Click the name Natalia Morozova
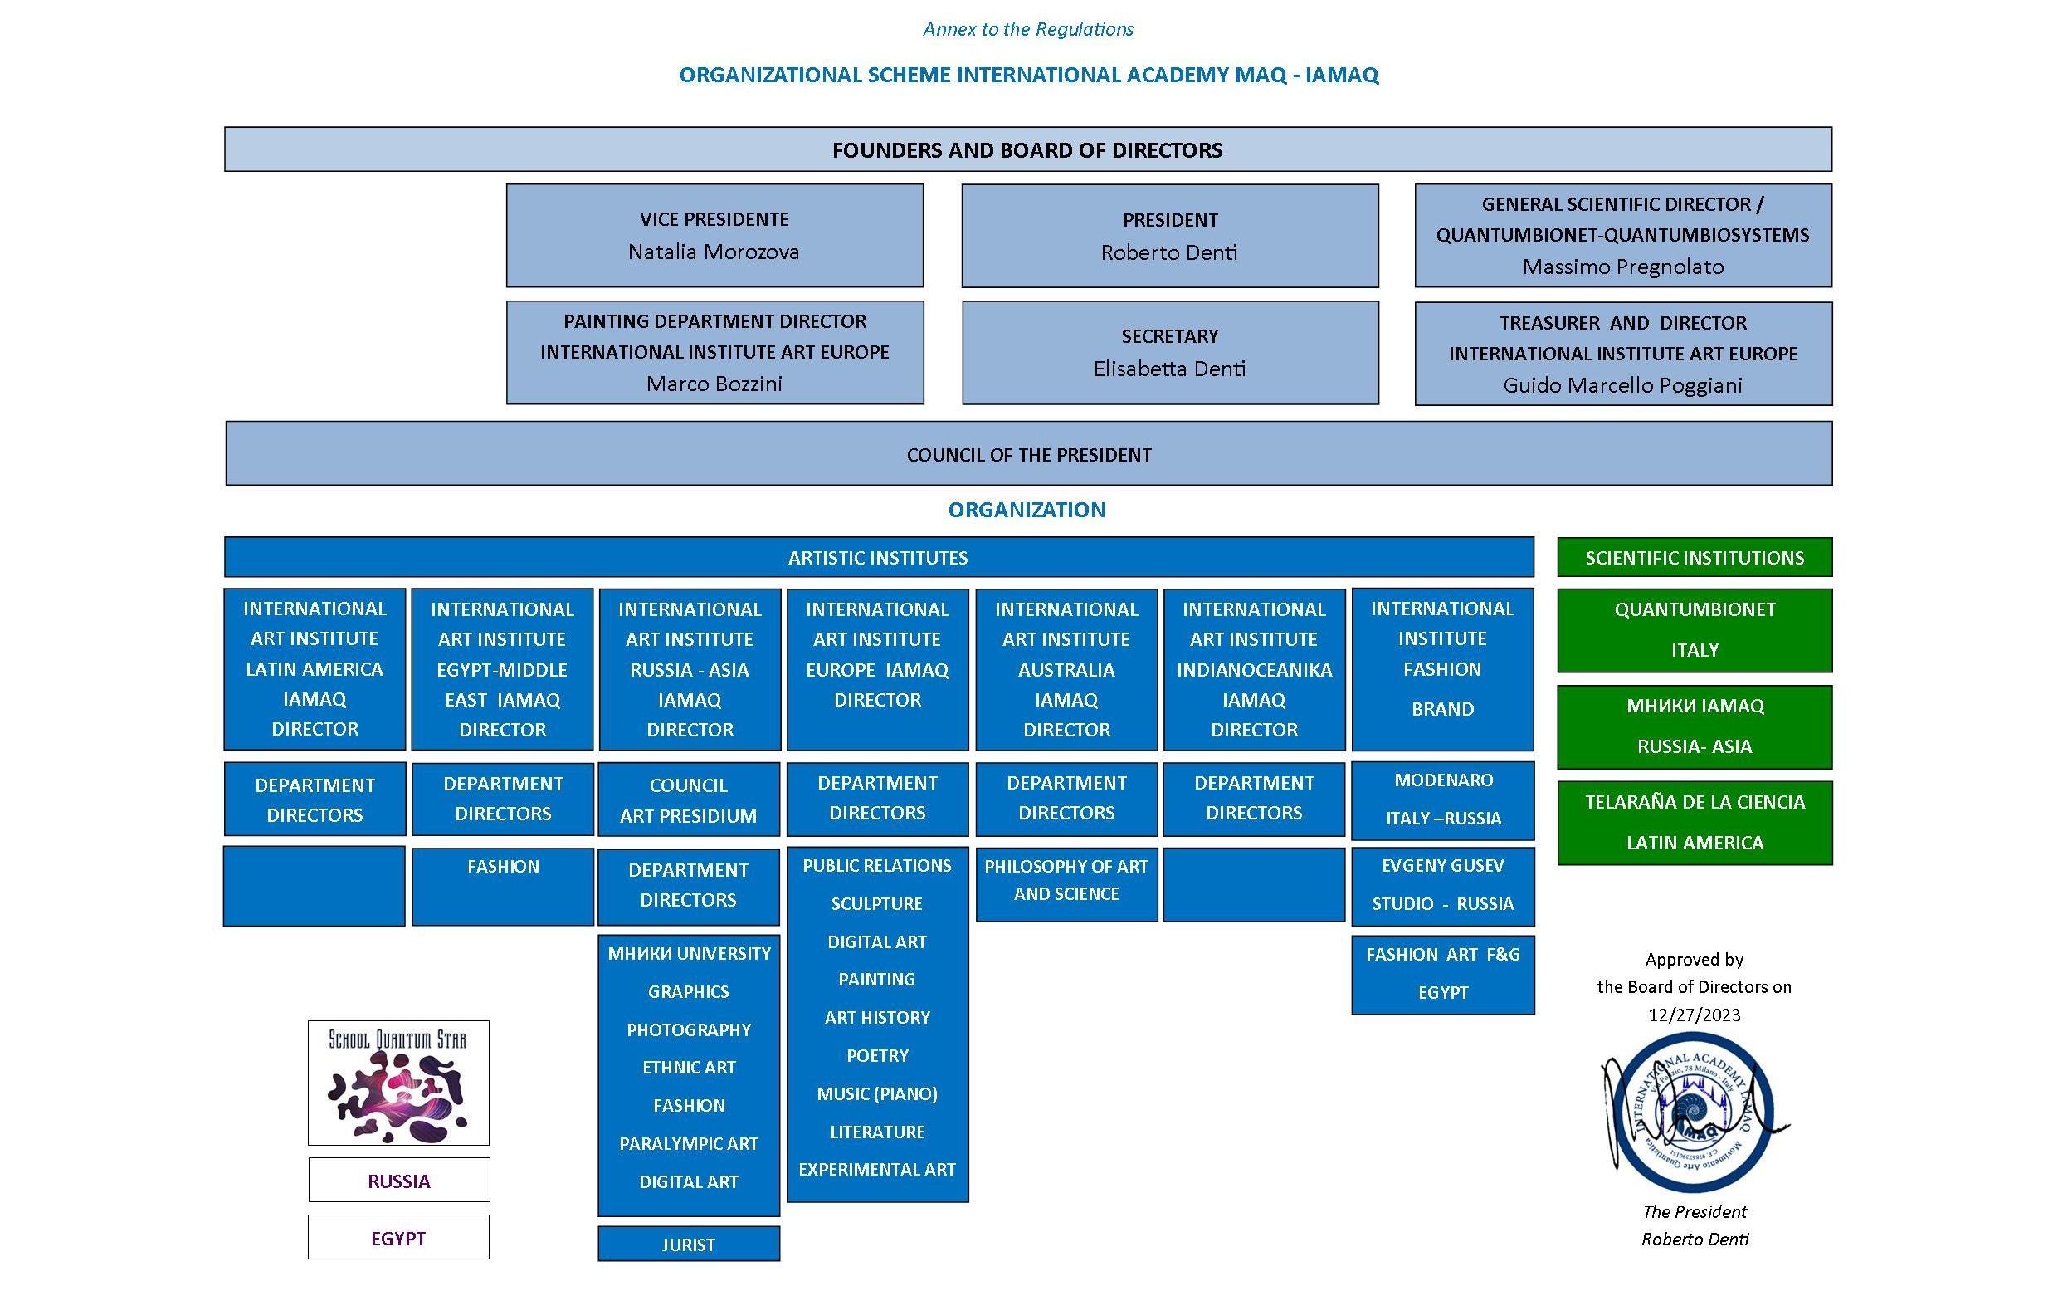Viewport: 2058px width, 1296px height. point(714,252)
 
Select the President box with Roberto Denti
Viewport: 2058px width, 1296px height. point(1169,236)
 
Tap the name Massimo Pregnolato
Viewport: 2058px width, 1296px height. point(1622,267)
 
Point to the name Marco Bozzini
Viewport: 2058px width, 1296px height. point(714,384)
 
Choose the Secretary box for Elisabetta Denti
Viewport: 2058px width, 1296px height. point(1169,352)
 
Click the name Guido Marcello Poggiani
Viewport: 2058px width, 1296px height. point(1622,385)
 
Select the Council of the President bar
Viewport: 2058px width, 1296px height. point(1028,454)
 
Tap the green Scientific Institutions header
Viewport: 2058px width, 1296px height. point(1694,557)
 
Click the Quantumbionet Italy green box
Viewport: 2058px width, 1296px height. point(1694,630)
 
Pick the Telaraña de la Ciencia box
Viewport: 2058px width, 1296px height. point(1694,823)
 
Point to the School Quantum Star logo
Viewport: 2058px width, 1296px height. point(398,1083)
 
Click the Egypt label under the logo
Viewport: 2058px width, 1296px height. point(398,1238)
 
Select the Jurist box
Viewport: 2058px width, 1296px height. point(688,1244)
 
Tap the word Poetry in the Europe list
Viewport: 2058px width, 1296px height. point(877,1056)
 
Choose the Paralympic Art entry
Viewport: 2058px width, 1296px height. point(688,1144)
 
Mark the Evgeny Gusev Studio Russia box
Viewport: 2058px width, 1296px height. point(1442,886)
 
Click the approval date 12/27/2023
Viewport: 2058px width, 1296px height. point(1694,1015)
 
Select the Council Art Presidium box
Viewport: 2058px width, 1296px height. point(688,800)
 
